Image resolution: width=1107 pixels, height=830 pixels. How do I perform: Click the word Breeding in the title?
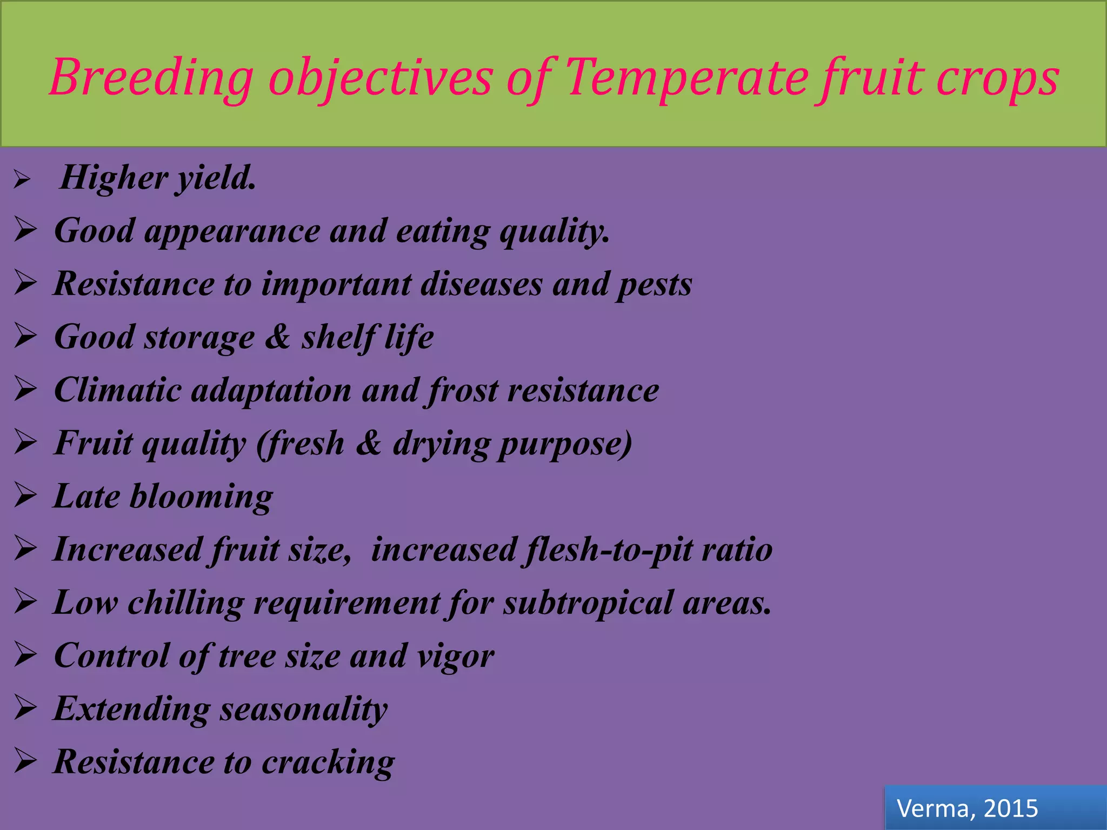coord(152,78)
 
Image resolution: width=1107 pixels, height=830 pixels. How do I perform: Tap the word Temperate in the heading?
coord(686,78)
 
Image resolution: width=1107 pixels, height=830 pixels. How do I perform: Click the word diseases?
coord(481,284)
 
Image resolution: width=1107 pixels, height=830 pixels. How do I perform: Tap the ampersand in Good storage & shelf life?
coord(278,337)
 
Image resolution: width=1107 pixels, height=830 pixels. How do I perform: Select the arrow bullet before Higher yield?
coord(22,179)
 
